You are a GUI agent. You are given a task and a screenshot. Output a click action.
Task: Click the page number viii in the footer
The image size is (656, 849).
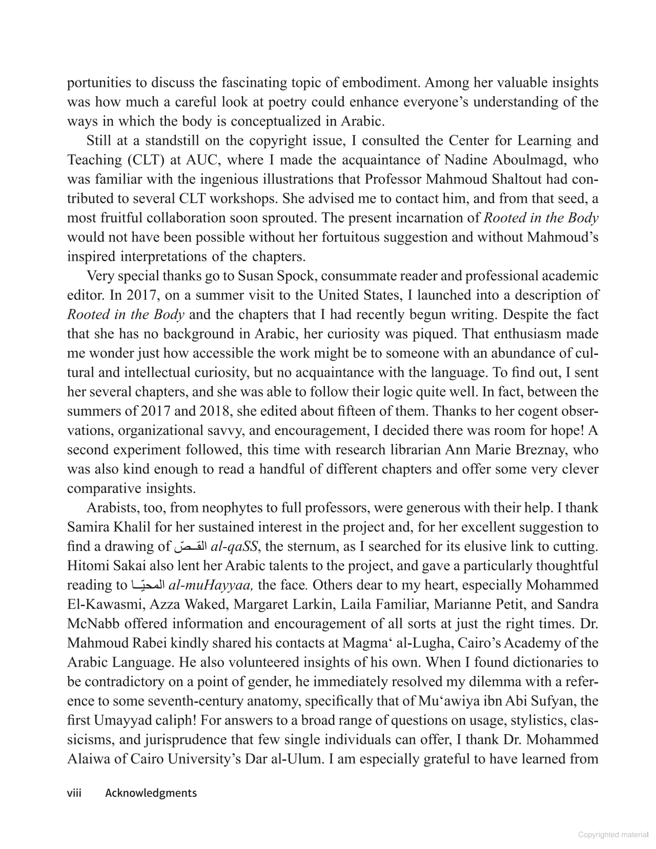point(74,793)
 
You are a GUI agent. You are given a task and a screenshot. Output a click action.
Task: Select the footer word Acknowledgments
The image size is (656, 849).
point(151,793)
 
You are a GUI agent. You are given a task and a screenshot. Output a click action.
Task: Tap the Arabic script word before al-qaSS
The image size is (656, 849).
point(190,547)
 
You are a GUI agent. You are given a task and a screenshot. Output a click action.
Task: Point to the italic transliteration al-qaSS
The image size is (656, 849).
point(234,547)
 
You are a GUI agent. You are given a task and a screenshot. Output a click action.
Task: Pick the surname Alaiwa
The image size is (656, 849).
point(89,759)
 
